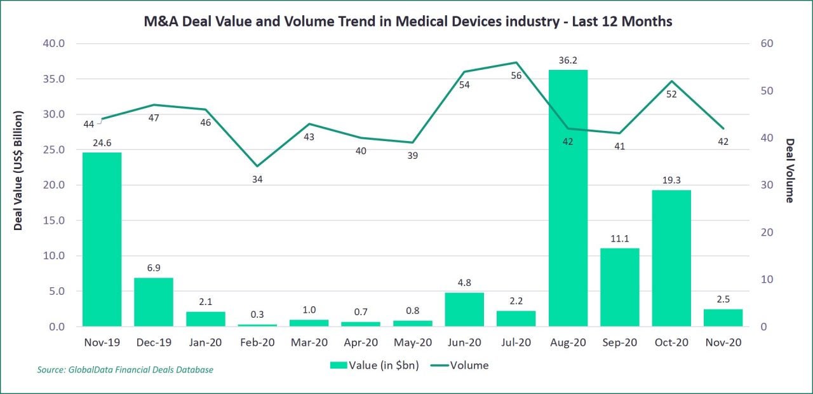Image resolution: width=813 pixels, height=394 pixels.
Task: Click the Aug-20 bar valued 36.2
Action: (x=568, y=198)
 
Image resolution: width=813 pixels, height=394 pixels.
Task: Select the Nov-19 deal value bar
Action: (x=102, y=240)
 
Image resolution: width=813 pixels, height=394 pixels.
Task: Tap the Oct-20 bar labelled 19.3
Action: (x=671, y=258)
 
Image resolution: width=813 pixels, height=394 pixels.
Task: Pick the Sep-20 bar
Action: (x=620, y=287)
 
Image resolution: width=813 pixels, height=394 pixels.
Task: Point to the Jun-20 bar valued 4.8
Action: (x=464, y=309)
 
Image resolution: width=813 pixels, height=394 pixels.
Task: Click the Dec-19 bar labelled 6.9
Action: (x=154, y=302)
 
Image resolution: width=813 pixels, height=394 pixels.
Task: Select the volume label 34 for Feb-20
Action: (x=257, y=179)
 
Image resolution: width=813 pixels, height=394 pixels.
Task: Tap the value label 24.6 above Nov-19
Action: (x=102, y=144)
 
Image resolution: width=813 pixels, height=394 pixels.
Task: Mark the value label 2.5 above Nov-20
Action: (x=723, y=301)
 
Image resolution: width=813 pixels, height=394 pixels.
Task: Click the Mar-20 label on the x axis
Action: (x=309, y=343)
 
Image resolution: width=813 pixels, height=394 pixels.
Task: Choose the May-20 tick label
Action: (x=412, y=343)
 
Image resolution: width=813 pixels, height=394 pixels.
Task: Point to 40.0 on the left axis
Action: (x=53, y=44)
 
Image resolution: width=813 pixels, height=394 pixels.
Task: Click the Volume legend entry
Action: (x=459, y=365)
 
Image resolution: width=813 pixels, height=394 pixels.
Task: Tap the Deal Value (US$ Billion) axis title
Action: (x=18, y=170)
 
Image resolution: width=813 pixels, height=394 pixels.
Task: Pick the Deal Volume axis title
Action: (x=789, y=170)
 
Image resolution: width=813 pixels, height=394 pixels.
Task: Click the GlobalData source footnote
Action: (x=125, y=370)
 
